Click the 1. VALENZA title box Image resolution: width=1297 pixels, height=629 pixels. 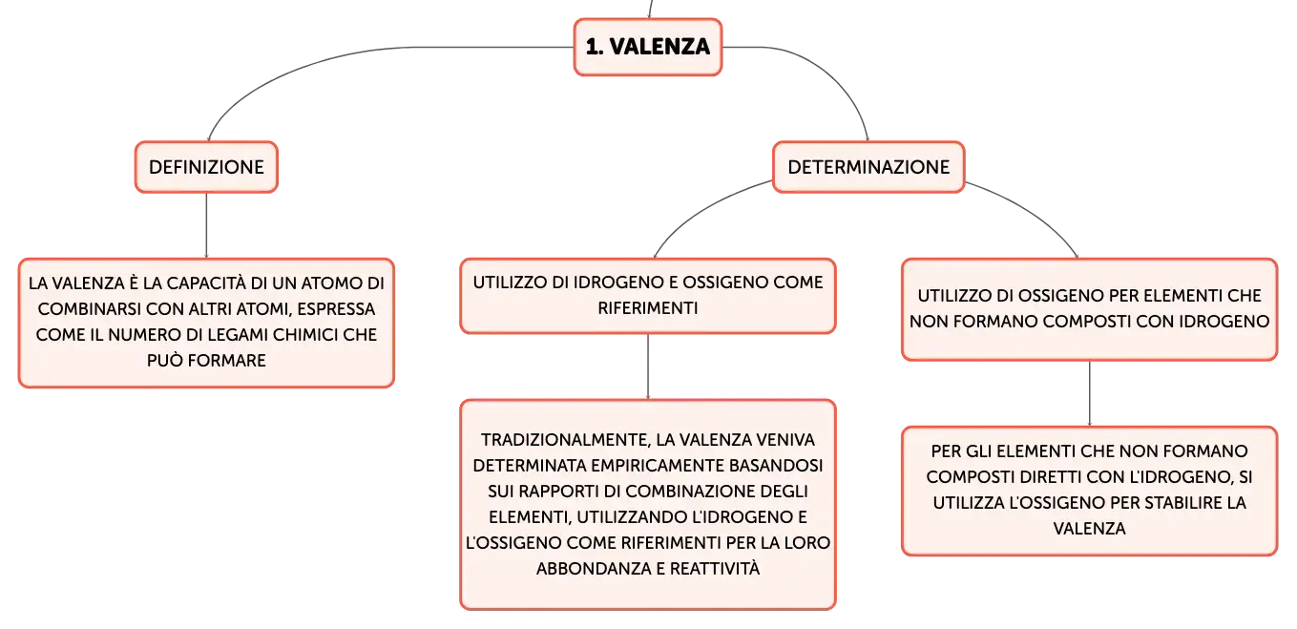(648, 47)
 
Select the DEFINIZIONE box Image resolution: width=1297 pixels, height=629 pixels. (207, 167)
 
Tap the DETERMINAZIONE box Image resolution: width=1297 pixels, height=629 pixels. (868, 167)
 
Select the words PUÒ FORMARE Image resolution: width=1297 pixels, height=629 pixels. (207, 360)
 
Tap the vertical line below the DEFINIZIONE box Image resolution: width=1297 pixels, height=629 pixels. (207, 225)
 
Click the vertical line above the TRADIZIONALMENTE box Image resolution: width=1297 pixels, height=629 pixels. (648, 367)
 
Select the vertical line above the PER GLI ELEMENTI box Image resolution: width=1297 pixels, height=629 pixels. (1090, 394)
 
